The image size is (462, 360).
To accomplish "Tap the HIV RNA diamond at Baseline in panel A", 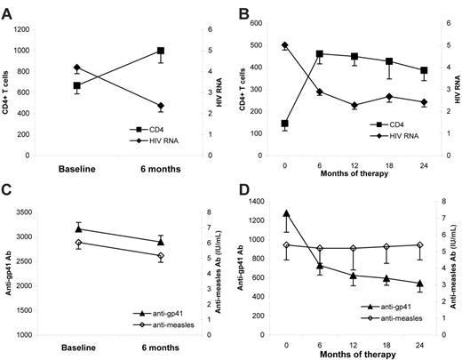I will [x=77, y=68].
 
